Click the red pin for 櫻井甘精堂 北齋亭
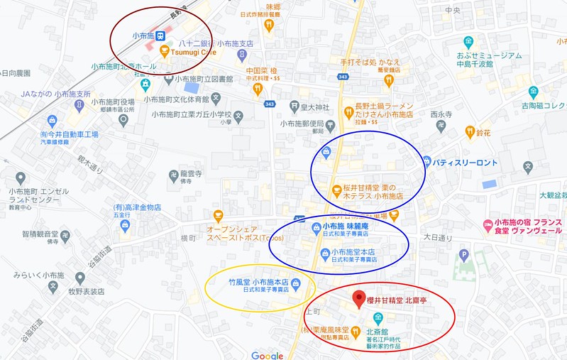click(x=359, y=298)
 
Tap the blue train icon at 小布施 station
click(x=161, y=35)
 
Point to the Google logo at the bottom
click(x=267, y=355)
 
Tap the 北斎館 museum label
click(x=377, y=331)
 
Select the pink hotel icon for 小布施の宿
click(x=487, y=225)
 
